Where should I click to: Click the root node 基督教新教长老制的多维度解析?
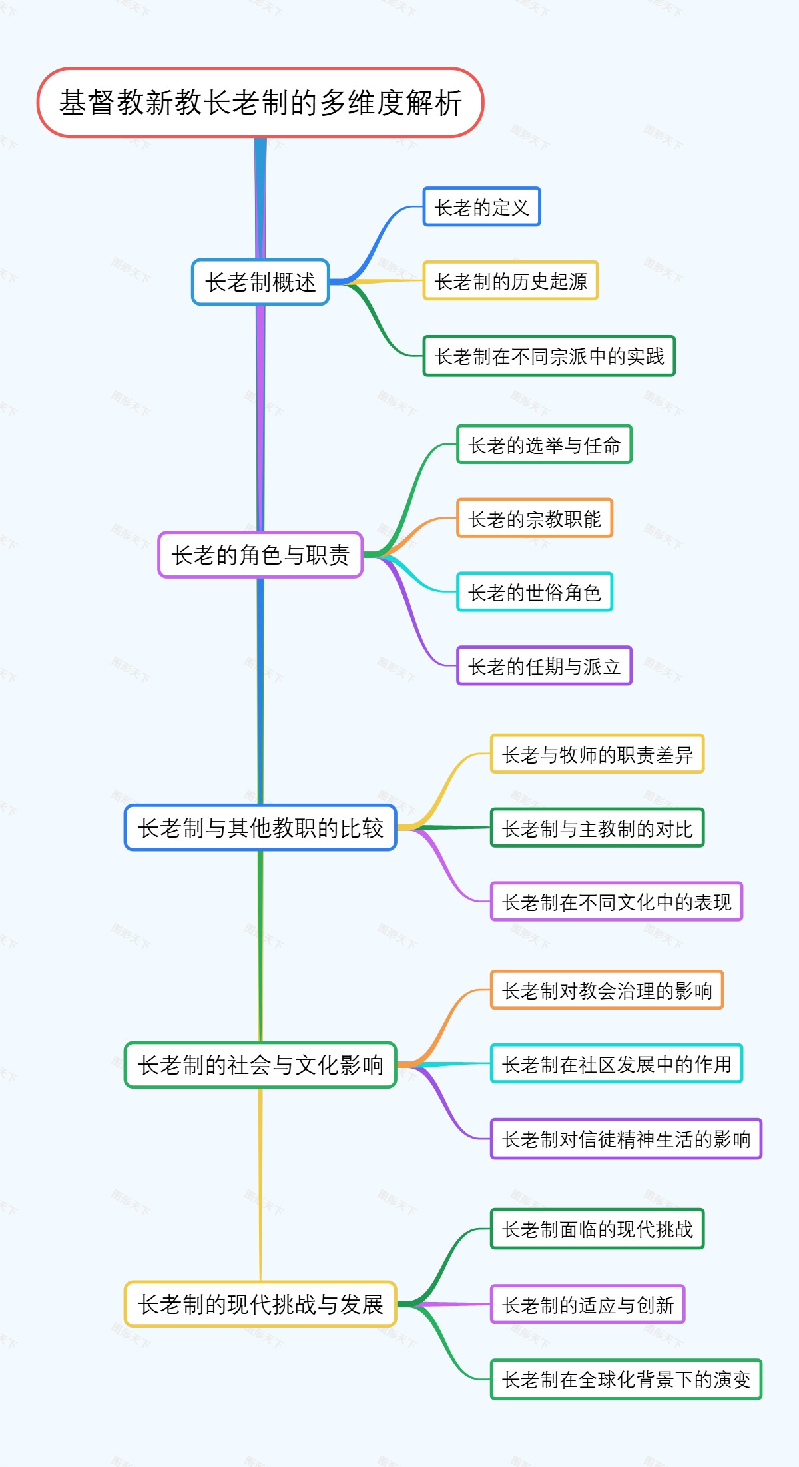pos(260,103)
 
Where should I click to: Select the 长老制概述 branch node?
pos(260,282)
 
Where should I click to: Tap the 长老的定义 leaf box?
pos(481,207)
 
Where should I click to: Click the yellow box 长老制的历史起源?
pos(511,281)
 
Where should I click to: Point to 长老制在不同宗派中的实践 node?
pos(549,356)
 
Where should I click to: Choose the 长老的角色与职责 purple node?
pos(260,555)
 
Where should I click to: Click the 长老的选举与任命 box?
pos(544,445)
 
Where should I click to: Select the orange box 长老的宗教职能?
pos(534,519)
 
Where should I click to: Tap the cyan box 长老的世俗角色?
pos(534,592)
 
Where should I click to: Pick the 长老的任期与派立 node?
pos(544,666)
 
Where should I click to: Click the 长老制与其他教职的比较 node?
pos(260,828)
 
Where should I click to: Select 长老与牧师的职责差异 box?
pos(597,754)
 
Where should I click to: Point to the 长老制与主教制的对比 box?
pos(597,828)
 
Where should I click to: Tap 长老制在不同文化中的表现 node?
pos(617,902)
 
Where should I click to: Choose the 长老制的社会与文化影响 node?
pos(260,1065)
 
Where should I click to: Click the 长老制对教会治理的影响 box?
pos(607,990)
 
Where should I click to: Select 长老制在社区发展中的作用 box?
pos(617,1064)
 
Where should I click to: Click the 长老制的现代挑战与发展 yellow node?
pos(260,1304)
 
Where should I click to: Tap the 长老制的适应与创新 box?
pos(587,1305)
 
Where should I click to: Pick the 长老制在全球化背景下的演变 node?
pos(626,1379)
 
